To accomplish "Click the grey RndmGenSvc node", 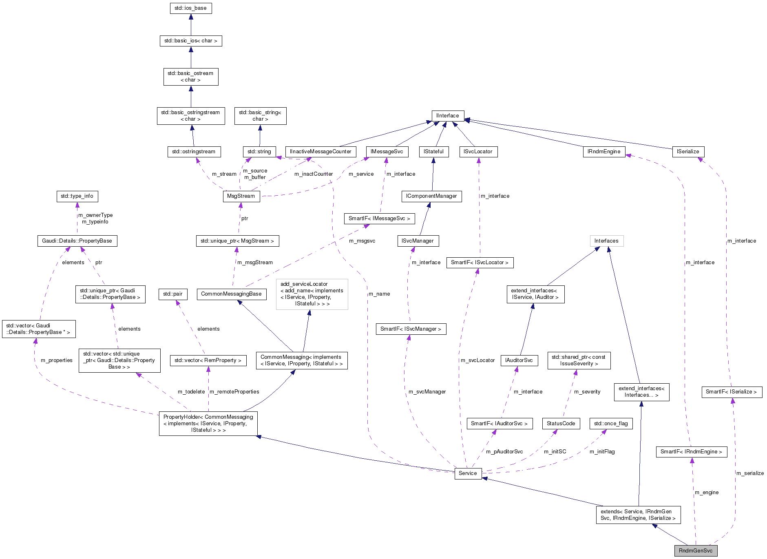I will (695, 550).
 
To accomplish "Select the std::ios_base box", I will (190, 8).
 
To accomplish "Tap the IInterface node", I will (447, 116).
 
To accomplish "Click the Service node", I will (467, 473).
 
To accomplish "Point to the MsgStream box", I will (241, 196).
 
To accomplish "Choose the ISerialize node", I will (687, 152).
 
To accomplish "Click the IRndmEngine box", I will (603, 152).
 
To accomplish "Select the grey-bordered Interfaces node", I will (606, 241).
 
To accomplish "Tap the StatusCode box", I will (561, 424).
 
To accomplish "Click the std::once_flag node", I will (610, 424).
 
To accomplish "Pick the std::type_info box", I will (77, 196).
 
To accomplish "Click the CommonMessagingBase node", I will (231, 294).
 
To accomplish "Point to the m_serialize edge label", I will (749, 473).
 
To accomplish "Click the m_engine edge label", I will (706, 493).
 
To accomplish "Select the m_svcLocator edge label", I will (477, 360).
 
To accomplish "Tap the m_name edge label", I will (379, 294).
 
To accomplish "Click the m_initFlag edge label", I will (602, 452).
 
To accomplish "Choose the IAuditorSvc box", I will (519, 360).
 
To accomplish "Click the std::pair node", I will (172, 294).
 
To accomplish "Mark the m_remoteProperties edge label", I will (234, 392).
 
